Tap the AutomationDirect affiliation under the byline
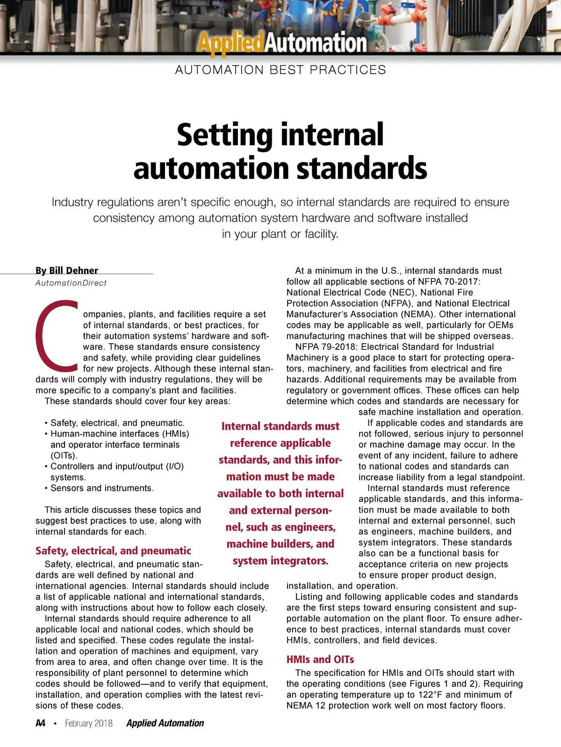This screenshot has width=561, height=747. click(x=71, y=283)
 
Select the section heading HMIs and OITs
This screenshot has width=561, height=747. click(x=320, y=659)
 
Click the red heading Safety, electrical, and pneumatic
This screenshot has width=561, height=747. click(x=113, y=550)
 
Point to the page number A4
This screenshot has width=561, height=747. click(x=41, y=723)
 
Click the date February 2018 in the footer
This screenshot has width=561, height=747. click(x=89, y=723)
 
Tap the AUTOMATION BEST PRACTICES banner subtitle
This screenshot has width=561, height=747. click(x=280, y=70)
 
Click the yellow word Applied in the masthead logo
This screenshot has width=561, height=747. click(x=230, y=43)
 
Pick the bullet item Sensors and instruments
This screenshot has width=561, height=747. click(x=102, y=488)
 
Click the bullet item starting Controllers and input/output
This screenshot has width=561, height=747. click(x=117, y=466)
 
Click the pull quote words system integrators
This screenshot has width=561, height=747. click(x=280, y=560)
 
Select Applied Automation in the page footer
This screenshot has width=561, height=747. click(x=165, y=723)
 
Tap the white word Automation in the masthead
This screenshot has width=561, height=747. click(x=316, y=43)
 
